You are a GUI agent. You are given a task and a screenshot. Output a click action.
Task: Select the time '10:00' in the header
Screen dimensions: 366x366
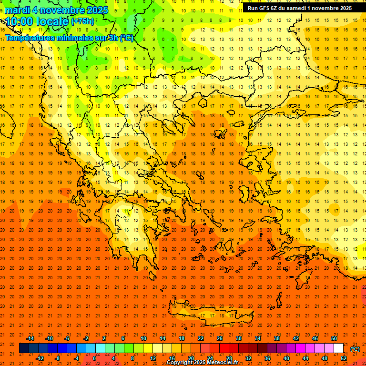point(19,21)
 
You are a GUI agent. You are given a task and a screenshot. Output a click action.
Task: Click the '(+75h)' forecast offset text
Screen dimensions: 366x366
point(82,21)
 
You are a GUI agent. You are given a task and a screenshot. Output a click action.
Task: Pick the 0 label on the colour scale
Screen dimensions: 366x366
point(94,358)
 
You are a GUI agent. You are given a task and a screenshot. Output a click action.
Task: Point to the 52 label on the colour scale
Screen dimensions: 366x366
point(343,358)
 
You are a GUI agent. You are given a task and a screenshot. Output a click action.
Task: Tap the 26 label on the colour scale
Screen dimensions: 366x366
point(220,338)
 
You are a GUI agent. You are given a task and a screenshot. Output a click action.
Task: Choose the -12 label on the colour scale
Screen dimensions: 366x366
point(40,358)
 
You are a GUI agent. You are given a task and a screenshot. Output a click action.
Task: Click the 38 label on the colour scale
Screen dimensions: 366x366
point(277,338)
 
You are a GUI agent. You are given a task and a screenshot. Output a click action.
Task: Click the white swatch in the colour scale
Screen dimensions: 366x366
point(338,348)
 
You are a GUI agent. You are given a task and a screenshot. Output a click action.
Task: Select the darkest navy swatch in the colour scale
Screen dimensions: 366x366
point(24,348)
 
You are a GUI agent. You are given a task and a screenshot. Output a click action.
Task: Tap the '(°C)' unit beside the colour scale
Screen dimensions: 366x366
point(355,349)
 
